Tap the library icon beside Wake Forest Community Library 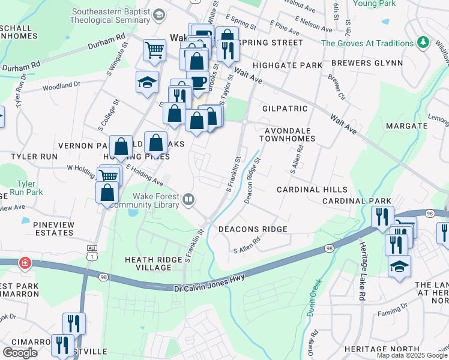189,199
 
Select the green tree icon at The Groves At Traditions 424,43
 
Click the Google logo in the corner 20,353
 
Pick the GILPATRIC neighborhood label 285,109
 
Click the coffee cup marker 197,80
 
